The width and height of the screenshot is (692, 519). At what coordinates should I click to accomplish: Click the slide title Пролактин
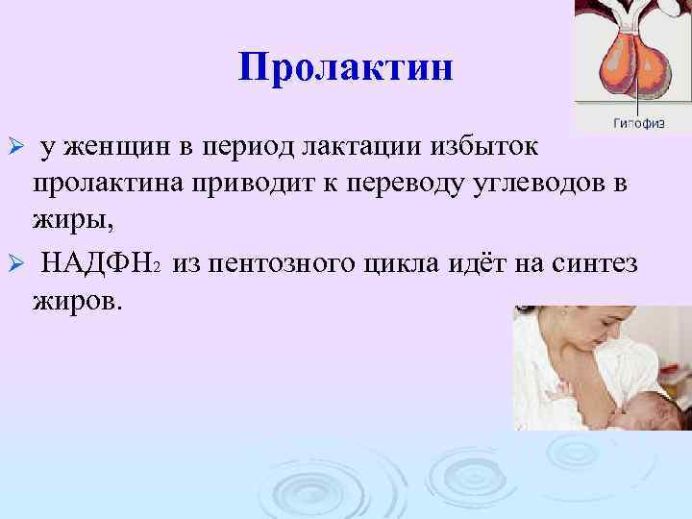pos(345,67)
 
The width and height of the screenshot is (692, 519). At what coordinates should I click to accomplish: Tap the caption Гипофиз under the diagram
pos(635,122)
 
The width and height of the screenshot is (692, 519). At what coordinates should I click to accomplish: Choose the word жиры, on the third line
pos(73,224)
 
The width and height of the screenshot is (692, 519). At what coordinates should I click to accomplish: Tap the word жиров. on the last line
pos(78,302)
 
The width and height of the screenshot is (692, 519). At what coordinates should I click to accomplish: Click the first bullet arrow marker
pos(13,146)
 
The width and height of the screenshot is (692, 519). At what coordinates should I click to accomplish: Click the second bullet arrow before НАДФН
pos(13,264)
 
